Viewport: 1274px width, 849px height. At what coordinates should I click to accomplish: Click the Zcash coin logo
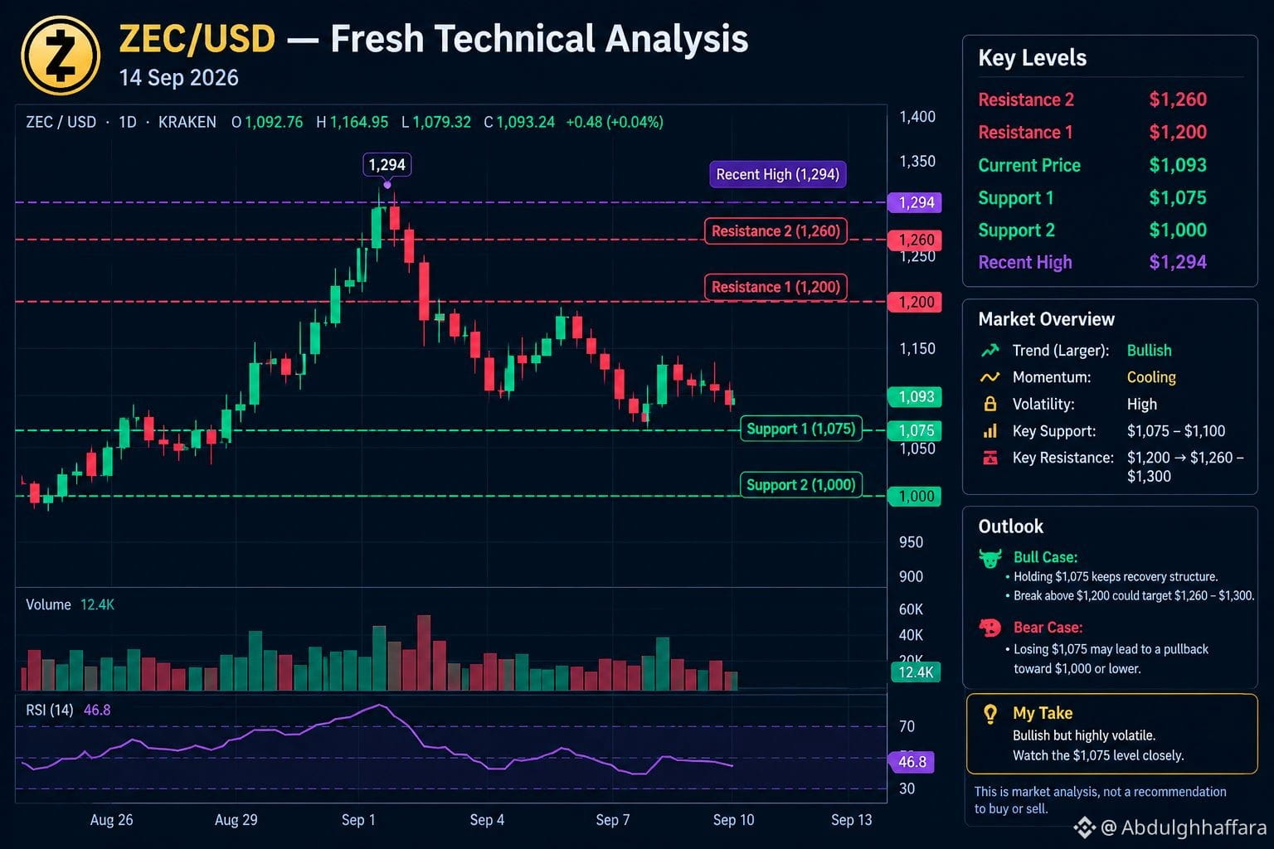pos(61,56)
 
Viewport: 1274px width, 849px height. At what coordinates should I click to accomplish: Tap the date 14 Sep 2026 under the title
pos(178,78)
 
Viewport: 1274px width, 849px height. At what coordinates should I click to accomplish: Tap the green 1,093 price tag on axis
pos(915,396)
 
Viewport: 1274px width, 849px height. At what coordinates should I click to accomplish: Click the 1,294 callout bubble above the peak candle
pos(387,165)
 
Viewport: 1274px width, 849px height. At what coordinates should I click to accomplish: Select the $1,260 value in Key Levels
pos(1177,99)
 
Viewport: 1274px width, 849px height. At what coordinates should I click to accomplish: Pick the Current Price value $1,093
pos(1177,165)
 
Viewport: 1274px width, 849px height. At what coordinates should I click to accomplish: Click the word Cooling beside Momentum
pos(1151,377)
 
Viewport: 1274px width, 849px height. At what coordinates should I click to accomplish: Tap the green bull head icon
pos(990,559)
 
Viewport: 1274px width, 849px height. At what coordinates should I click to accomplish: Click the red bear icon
pos(990,628)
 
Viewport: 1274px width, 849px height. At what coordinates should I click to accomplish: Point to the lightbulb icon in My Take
pos(990,714)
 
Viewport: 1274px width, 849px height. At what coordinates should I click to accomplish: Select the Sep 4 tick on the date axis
pos(487,819)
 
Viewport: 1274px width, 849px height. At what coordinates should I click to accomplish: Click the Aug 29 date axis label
pos(236,819)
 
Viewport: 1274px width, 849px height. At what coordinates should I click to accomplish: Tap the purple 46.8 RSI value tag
pos(912,761)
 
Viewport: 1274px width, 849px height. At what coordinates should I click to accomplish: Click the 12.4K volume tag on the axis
pos(915,672)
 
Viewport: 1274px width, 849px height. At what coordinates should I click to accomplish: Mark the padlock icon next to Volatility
pos(990,404)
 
